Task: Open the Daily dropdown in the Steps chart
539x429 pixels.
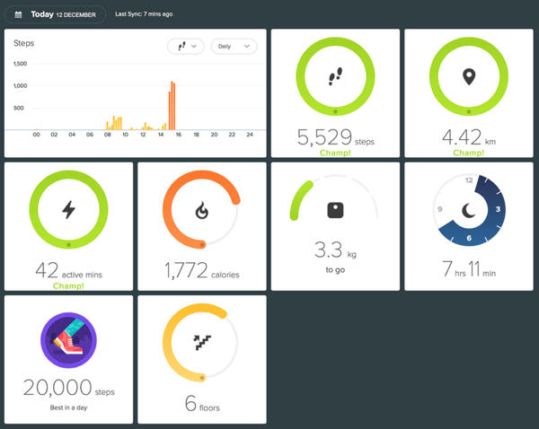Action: [x=234, y=46]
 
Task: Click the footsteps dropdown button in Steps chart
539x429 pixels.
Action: [x=185, y=46]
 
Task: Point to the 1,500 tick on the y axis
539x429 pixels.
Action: [x=20, y=64]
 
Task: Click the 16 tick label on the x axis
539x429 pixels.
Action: [x=178, y=135]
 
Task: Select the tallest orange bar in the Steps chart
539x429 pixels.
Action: [x=172, y=105]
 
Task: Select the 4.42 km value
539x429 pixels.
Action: [x=459, y=138]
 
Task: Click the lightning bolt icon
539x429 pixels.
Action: [x=69, y=209]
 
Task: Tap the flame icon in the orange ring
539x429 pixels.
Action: [x=202, y=210]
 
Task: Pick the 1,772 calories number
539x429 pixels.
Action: [x=186, y=270]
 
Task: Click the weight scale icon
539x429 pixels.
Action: [x=336, y=210]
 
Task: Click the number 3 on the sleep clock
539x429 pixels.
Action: [x=499, y=209]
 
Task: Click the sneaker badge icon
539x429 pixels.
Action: [x=69, y=341]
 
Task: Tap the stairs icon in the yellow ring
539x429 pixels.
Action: [x=202, y=343]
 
